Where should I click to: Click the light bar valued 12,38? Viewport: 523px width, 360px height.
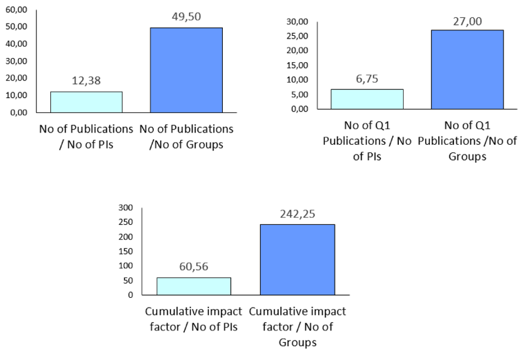point(86,102)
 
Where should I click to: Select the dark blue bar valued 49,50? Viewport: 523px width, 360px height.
point(186,70)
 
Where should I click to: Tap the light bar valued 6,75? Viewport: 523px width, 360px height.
point(367,99)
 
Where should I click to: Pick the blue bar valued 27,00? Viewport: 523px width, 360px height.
point(467,70)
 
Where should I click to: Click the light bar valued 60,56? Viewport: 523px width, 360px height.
point(194,286)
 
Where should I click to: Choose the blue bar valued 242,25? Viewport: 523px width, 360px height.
point(297,260)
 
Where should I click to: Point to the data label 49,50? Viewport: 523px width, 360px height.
point(186,17)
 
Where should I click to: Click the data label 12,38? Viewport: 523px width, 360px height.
point(86,81)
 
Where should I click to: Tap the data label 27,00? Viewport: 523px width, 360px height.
point(467,21)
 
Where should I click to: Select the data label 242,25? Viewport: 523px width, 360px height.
point(297,214)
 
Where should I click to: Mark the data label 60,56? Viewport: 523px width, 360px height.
point(194,267)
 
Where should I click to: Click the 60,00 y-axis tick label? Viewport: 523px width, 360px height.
point(17,10)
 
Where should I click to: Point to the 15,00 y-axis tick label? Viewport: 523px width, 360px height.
point(297,66)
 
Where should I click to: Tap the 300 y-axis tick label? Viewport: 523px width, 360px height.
point(126,208)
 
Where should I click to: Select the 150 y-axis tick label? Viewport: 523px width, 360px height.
point(126,251)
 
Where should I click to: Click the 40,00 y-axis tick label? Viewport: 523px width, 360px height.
point(17,44)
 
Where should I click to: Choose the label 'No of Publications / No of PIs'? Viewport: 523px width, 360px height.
point(86,137)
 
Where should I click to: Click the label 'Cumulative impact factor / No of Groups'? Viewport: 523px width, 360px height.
point(297,327)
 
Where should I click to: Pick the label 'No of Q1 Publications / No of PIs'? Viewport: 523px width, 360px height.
point(367,141)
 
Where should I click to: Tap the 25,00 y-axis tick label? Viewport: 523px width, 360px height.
point(297,36)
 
